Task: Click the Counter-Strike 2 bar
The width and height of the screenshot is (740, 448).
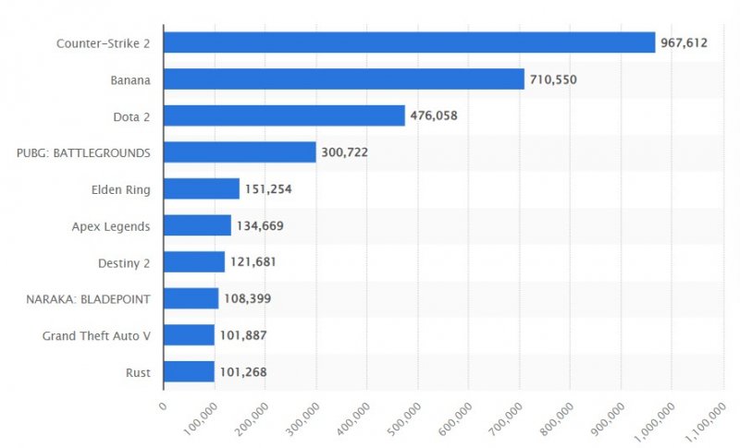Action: coord(409,42)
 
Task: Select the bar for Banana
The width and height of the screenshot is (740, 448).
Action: coord(343,79)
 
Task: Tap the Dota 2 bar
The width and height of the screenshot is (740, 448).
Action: coord(284,115)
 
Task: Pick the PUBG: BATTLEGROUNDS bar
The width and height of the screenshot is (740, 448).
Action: coord(240,152)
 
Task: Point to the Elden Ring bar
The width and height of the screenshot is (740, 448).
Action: coord(202,189)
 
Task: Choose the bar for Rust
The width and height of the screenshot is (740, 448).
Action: coord(189,372)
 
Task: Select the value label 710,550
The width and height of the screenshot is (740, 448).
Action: coord(552,79)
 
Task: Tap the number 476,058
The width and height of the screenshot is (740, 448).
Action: coord(434,115)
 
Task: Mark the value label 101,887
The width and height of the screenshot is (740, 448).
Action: coord(243,335)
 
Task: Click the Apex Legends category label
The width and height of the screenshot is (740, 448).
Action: coord(110,225)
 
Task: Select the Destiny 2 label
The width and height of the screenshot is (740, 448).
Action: coord(124,262)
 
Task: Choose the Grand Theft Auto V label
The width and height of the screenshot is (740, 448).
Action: coord(96,335)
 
